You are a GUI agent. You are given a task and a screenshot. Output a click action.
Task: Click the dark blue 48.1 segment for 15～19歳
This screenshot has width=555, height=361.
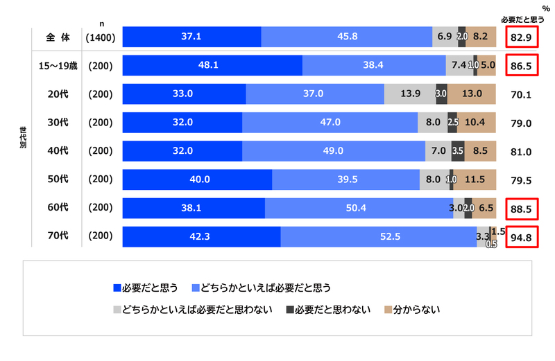(212, 65)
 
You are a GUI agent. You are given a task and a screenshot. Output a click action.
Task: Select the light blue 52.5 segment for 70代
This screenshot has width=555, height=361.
(379, 236)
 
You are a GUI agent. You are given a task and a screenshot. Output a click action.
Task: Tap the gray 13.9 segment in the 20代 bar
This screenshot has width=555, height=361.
(409, 94)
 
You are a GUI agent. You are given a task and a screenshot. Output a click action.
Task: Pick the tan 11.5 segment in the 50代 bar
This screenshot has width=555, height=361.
(475, 179)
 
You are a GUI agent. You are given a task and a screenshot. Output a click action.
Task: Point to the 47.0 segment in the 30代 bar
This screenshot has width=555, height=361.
(330, 123)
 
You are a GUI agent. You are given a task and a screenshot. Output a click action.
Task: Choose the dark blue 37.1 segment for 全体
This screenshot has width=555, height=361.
(191, 37)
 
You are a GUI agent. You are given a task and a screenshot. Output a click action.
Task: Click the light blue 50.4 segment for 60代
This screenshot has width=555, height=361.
(359, 208)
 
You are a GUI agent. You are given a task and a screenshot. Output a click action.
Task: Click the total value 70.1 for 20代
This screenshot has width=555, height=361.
(520, 94)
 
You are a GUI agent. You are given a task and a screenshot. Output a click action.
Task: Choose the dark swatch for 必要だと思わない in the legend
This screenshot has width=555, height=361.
(290, 308)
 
